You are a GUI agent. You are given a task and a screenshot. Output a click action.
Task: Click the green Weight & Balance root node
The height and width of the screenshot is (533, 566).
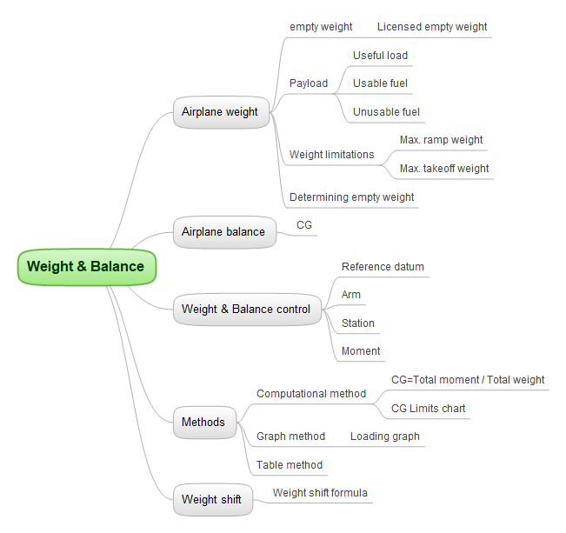pos(86,267)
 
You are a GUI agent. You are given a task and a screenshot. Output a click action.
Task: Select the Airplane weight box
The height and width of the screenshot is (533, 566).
pos(220,112)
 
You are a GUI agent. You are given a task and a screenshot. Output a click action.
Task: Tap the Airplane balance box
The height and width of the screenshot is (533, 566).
pos(223,232)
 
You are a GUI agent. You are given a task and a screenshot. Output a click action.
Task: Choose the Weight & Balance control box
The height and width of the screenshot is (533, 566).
pos(246,310)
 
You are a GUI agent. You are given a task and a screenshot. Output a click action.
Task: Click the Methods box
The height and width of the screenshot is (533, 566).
pos(203,423)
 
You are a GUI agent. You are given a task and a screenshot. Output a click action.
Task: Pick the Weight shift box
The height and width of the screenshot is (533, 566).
pos(211,500)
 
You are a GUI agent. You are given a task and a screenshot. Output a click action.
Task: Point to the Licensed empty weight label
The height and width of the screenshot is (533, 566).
pos(432,27)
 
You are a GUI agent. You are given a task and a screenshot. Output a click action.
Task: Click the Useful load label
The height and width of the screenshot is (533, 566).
pos(380,56)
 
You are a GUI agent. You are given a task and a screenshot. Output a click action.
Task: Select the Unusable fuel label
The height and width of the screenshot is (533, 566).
pos(386,112)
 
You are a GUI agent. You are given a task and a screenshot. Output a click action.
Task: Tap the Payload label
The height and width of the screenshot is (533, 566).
pos(309,83)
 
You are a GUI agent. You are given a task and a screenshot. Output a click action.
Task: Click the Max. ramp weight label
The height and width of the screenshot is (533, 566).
pos(441,140)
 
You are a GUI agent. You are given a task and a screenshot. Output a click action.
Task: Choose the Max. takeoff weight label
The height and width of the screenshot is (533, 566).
pos(444,169)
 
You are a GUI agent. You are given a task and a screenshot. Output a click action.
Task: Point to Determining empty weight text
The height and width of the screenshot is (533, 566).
pos(351,197)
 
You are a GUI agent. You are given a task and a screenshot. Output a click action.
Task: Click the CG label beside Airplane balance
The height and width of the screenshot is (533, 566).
pos(304,225)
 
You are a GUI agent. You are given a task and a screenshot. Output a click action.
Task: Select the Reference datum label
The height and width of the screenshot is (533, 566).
pos(383,267)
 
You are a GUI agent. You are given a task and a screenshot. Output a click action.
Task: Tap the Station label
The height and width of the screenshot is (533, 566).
pos(358,323)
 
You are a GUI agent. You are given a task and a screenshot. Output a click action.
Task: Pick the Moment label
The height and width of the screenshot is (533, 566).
pos(361,351)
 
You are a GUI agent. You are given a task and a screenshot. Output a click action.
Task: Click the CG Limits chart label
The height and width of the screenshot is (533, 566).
pos(428,409)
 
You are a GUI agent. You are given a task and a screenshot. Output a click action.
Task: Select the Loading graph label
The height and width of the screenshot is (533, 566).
pos(384,436)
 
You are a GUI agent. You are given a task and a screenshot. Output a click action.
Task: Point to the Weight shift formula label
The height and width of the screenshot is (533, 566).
pos(320,493)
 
